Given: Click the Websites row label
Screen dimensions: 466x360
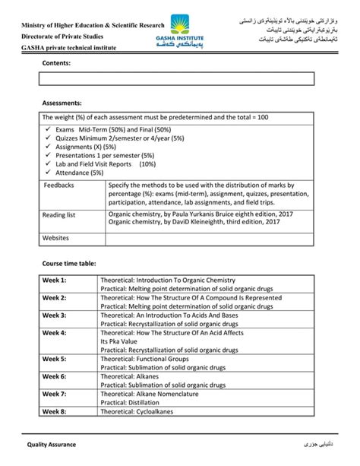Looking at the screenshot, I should click(56, 239).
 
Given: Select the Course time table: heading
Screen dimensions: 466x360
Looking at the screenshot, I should click(68, 263).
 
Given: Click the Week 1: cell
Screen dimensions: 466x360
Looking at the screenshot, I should click(55, 281).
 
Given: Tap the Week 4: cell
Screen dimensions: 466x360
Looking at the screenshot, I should click(55, 332).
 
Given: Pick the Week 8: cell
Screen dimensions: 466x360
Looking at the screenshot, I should click(55, 411).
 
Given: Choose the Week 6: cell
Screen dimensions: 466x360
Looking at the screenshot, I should click(55, 376).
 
